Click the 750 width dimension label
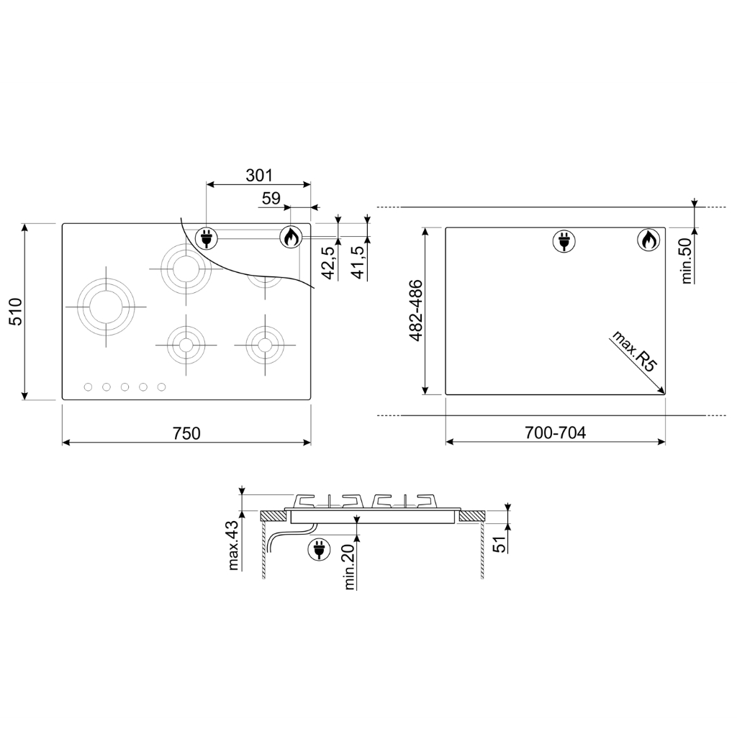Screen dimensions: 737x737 coord(186,433)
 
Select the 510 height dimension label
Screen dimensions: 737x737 coord(16,312)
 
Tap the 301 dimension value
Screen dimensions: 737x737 coord(259,176)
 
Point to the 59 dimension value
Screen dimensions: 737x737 coord(271,199)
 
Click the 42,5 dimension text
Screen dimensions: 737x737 coord(330,263)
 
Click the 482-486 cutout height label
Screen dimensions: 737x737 coord(416,310)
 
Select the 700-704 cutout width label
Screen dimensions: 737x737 coord(555,433)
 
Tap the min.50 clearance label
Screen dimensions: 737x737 coord(687,261)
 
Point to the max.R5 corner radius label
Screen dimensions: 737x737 coord(633,351)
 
